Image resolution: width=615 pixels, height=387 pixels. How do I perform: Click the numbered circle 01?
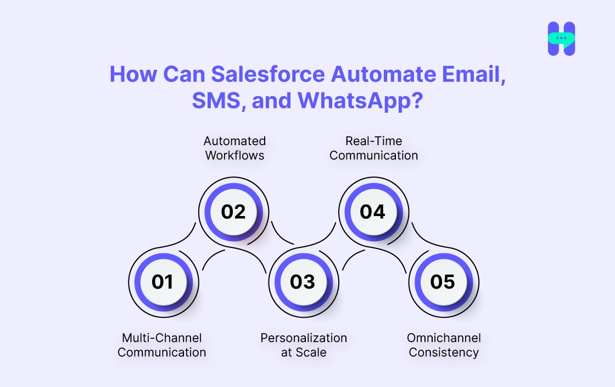(163, 282)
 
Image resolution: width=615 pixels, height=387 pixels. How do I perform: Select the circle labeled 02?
(233, 212)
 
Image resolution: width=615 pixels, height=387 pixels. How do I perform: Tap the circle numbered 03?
(303, 282)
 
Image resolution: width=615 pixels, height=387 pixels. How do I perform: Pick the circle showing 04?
(373, 212)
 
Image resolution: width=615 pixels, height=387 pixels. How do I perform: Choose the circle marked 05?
(443, 282)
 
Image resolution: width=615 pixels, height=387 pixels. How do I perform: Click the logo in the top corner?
(561, 39)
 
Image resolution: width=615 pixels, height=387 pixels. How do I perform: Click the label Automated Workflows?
(234, 148)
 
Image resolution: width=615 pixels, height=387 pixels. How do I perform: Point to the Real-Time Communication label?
(373, 148)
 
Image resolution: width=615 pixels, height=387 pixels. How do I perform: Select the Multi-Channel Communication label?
(162, 345)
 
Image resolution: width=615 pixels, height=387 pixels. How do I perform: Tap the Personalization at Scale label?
(304, 345)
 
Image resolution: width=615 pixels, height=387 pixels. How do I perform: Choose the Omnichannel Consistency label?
(444, 345)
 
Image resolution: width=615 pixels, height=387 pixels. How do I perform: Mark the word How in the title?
(130, 75)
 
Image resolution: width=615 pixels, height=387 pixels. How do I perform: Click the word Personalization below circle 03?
(304, 338)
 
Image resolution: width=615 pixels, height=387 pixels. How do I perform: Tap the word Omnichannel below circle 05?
(444, 338)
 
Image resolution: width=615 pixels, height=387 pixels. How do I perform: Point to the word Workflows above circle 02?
(234, 156)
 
